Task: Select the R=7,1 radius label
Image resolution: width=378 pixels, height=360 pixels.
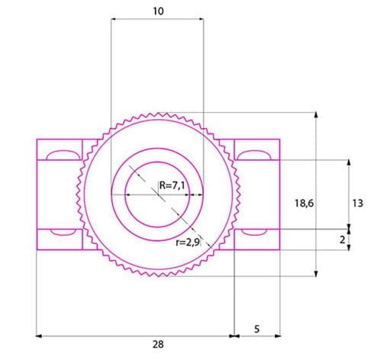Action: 172,185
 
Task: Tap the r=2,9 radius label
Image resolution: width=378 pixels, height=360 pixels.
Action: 187,243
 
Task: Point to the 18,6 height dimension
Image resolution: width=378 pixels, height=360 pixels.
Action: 303,203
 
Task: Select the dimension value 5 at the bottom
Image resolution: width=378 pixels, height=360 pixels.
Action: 256,329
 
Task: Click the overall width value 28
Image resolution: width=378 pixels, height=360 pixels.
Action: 158,344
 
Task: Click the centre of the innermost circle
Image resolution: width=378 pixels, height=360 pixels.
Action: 157,194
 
